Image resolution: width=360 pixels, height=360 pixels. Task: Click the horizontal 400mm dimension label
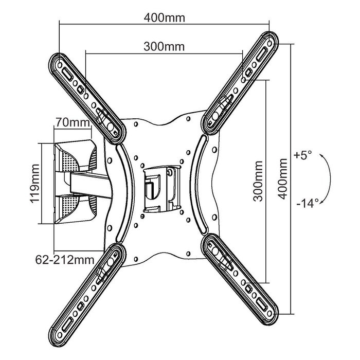[x=164, y=17]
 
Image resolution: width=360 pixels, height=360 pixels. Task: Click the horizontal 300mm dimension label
[x=164, y=46]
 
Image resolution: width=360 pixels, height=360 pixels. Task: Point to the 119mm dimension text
[x=34, y=184]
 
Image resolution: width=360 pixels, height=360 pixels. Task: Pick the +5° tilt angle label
[x=303, y=155]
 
